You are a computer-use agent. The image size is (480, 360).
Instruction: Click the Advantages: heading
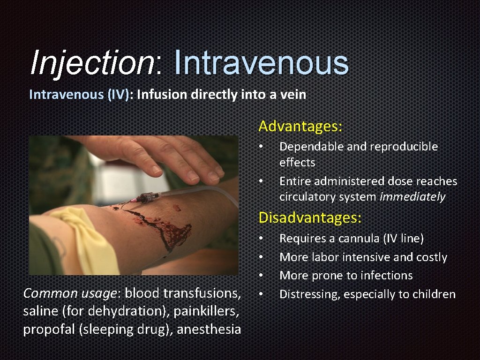(x=300, y=126)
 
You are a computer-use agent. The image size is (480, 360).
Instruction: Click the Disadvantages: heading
(x=310, y=217)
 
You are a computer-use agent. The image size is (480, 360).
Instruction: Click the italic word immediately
(x=412, y=197)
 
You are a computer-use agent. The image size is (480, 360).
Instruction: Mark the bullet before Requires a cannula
(x=261, y=239)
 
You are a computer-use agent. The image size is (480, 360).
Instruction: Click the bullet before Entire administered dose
(x=261, y=181)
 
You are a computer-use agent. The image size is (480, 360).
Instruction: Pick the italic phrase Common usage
(x=70, y=293)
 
